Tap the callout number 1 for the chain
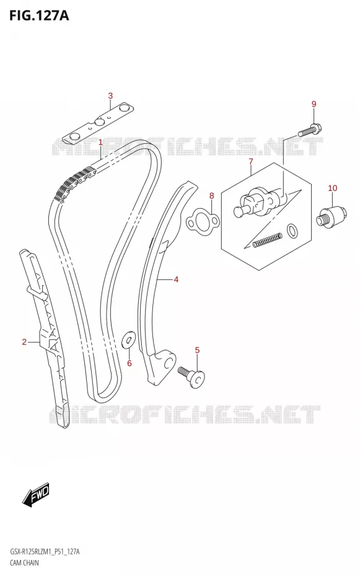tap(100, 142)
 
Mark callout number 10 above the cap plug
tap(333, 188)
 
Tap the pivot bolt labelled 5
tap(191, 376)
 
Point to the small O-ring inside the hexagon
tap(293, 230)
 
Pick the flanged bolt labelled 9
tap(310, 131)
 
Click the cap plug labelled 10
tap(331, 218)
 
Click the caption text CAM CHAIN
tap(24, 562)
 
